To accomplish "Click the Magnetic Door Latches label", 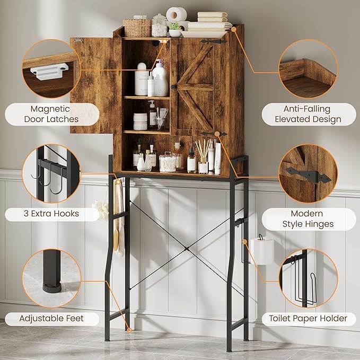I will (x=51, y=114).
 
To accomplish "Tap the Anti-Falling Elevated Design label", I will (x=308, y=114).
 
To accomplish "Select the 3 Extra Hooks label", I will (x=51, y=214).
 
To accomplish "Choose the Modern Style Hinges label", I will (x=308, y=218).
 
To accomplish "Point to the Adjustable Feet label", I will (x=51, y=319).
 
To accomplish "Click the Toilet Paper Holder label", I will (x=308, y=318).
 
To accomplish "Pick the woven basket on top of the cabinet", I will (x=137, y=27).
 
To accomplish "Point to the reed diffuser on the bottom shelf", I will (x=203, y=157).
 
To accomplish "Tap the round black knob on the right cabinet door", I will (x=173, y=86).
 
